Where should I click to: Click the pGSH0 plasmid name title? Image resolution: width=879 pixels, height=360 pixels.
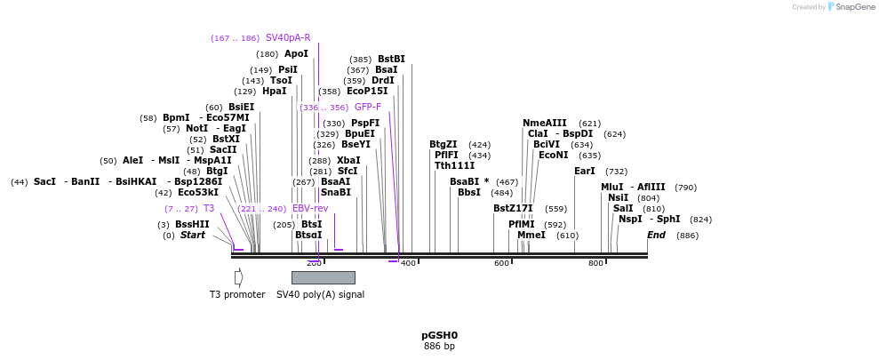[439, 335]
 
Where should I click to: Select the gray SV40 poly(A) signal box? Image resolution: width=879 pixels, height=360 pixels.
[323, 277]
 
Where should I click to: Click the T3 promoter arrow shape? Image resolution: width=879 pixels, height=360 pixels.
[238, 277]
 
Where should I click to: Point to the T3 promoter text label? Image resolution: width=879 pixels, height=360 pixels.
[237, 294]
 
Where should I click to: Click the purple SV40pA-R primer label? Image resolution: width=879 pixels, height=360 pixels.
[288, 38]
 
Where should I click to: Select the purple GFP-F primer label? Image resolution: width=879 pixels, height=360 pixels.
[367, 107]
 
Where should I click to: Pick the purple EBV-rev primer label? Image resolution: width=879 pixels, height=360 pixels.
[310, 208]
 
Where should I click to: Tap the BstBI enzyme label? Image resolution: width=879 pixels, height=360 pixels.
[391, 60]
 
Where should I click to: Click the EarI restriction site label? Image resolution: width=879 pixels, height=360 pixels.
[584, 171]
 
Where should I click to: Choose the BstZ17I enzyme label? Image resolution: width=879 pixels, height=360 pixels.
[513, 208]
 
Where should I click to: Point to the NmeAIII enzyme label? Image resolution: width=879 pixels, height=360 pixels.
[544, 124]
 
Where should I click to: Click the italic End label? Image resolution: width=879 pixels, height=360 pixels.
[656, 235]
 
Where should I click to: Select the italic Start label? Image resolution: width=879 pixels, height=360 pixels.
[192, 235]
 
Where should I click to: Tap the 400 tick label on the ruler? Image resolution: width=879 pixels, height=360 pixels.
[408, 263]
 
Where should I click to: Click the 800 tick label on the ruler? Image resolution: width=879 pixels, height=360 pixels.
[595, 263]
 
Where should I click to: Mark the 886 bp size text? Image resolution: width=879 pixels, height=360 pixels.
[439, 347]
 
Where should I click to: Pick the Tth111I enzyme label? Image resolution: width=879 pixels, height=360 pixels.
[454, 165]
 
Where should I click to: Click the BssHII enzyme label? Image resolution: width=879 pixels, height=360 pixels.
[192, 224]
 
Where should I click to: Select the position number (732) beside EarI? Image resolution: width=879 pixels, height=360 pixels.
[616, 172]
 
